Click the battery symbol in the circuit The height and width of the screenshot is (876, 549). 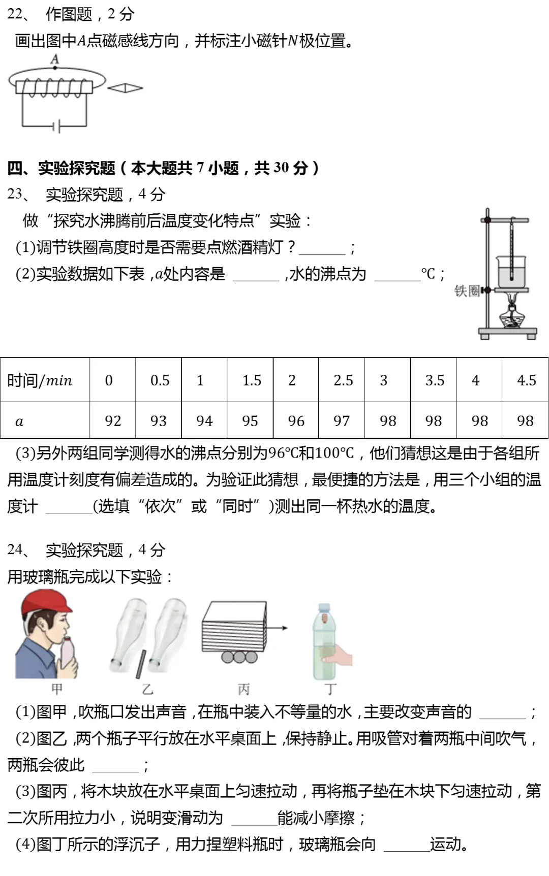tap(57, 125)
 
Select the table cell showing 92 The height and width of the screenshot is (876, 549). tap(112, 420)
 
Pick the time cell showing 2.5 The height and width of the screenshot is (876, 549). tap(343, 380)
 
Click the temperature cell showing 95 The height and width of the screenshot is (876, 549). tap(250, 420)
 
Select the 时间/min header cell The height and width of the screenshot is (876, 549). tap(45, 380)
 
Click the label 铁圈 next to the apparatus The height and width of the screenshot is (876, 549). tap(467, 290)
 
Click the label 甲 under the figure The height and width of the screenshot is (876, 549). tap(57, 689)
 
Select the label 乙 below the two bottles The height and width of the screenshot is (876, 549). tap(147, 689)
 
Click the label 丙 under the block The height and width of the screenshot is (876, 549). tap(243, 689)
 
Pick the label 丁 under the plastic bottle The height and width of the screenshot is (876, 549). tap(330, 689)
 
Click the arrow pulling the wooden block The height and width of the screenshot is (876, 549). tap(278, 628)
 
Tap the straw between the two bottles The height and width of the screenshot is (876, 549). tap(141, 664)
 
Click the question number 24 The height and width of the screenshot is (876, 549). tap(15, 549)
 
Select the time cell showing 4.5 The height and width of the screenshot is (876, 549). tap(526, 380)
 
